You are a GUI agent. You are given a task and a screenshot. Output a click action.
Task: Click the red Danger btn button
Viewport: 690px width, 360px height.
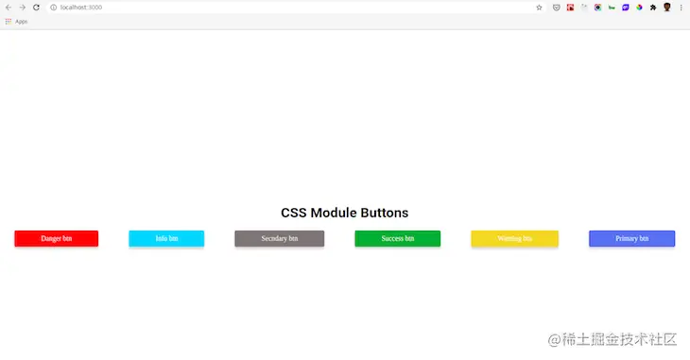pyautogui.click(x=56, y=239)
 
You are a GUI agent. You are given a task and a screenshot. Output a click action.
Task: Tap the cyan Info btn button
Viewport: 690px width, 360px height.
pyautogui.click(x=166, y=239)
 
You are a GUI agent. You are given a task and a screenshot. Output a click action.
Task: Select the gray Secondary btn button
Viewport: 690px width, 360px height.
pyautogui.click(x=279, y=239)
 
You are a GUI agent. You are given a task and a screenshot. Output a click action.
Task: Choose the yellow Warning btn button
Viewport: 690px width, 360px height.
pyautogui.click(x=514, y=239)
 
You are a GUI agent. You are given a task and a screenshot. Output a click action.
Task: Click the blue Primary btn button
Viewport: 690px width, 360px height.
pyautogui.click(x=631, y=239)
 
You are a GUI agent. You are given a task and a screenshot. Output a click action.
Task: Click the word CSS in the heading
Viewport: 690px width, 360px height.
pyautogui.click(x=294, y=214)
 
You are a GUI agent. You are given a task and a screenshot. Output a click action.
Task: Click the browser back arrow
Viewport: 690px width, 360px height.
pyautogui.click(x=9, y=8)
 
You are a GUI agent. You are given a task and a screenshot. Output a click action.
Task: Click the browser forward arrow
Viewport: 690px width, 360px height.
pyautogui.click(x=22, y=8)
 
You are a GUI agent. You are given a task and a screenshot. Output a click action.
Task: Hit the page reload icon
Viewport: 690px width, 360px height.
pyautogui.click(x=36, y=8)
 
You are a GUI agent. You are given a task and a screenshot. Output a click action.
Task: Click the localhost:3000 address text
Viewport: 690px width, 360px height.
pyautogui.click(x=81, y=8)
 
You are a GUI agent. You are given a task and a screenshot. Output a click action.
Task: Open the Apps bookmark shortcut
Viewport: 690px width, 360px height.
pyautogui.click(x=16, y=21)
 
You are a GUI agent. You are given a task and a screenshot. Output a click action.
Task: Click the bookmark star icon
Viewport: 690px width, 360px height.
pyautogui.click(x=539, y=8)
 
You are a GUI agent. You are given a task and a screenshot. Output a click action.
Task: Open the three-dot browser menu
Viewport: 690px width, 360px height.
pyautogui.click(x=681, y=8)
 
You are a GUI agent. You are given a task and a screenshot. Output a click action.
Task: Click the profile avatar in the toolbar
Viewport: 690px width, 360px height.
pyautogui.click(x=666, y=8)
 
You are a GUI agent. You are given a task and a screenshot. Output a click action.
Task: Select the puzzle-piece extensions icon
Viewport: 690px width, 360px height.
pyautogui.click(x=653, y=8)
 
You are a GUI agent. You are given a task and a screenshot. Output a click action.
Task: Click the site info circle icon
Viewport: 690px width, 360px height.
pyautogui.click(x=54, y=8)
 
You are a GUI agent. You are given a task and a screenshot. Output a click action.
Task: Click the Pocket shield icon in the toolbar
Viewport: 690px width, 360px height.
pyautogui.click(x=556, y=8)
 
